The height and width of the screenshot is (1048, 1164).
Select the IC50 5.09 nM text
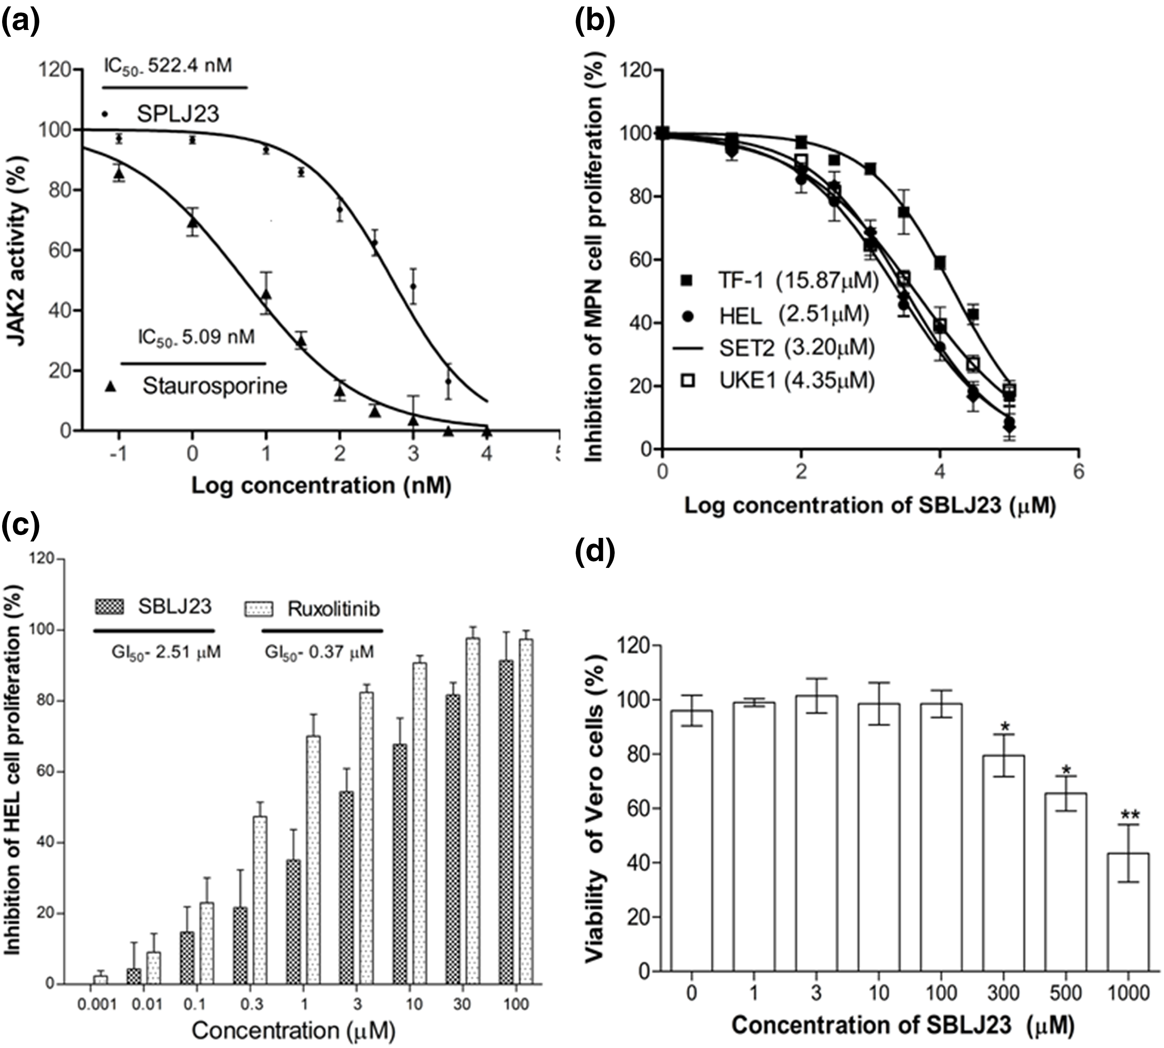[x=196, y=337]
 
